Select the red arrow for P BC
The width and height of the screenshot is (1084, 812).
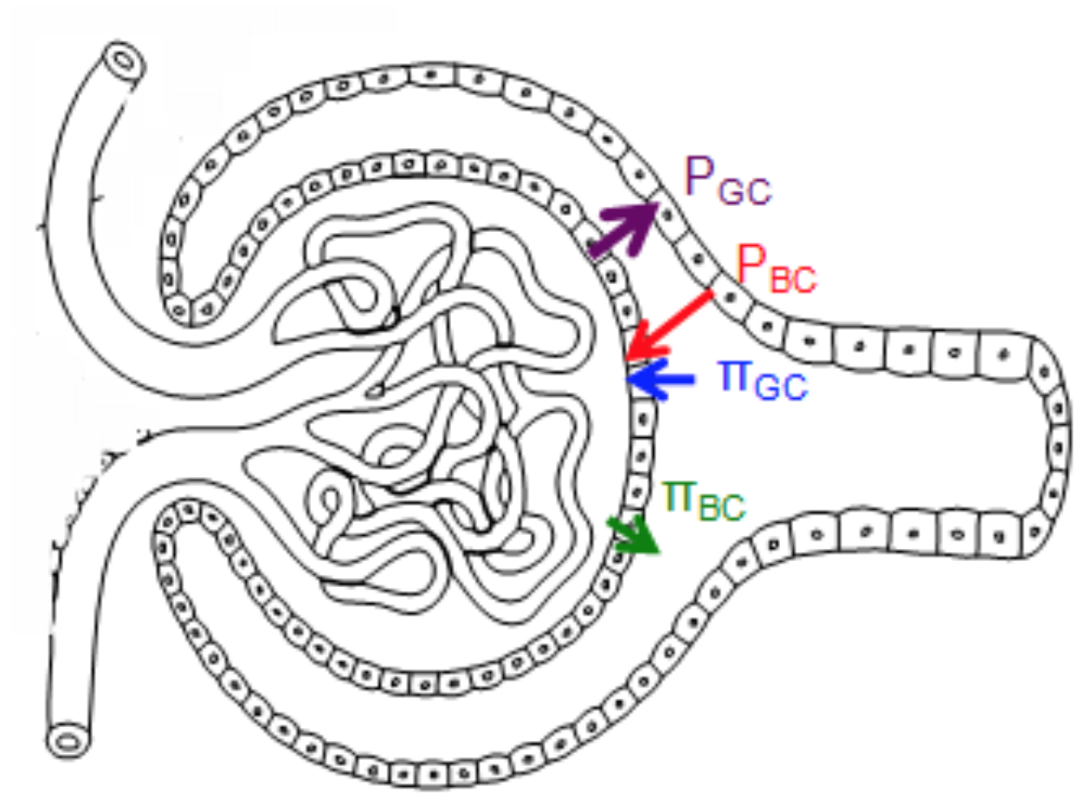point(670,325)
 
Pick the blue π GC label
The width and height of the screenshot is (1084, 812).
point(763,378)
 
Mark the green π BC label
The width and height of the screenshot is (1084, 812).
point(702,499)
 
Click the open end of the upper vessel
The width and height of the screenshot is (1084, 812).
point(124,62)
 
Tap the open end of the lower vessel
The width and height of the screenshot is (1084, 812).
point(67,741)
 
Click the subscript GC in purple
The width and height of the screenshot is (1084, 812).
point(744,190)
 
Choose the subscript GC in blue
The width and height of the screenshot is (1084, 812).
point(780,387)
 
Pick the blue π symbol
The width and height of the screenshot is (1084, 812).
point(734,374)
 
